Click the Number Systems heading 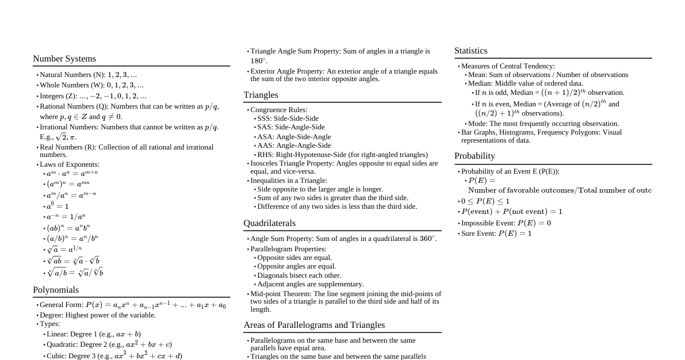[64, 59]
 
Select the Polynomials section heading [56, 290]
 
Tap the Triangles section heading [261, 95]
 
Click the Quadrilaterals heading [269, 223]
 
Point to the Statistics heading [470, 51]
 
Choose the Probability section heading [474, 156]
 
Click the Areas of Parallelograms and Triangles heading [314, 325]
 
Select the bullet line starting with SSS [288, 118]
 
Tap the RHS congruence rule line [342, 155]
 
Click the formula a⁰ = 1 [58, 206]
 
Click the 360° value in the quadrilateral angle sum [428, 239]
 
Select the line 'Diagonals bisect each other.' [299, 275]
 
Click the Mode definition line [543, 124]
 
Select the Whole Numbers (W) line [91, 85]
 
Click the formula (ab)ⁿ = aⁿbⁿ [68, 228]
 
